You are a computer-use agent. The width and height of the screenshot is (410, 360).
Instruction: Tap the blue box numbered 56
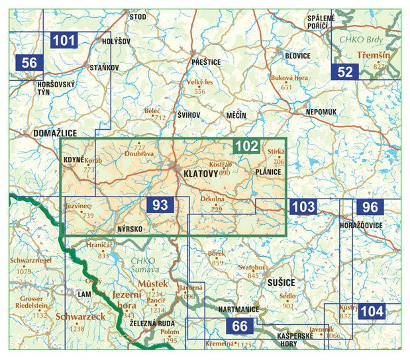click(29, 63)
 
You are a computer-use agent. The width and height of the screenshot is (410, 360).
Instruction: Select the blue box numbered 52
click(345, 71)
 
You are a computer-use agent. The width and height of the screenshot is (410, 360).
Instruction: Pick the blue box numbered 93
click(160, 205)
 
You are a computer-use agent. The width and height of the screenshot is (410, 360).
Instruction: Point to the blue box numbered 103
click(303, 206)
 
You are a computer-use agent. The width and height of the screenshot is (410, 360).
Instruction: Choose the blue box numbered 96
click(370, 207)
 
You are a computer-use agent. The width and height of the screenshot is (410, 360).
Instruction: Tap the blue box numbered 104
click(372, 311)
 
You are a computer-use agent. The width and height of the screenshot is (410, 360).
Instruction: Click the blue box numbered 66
click(240, 326)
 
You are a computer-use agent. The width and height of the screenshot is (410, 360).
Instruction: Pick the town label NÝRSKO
click(130, 229)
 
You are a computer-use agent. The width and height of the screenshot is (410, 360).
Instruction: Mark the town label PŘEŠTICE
click(204, 62)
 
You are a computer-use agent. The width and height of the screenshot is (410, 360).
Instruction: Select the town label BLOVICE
click(297, 56)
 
